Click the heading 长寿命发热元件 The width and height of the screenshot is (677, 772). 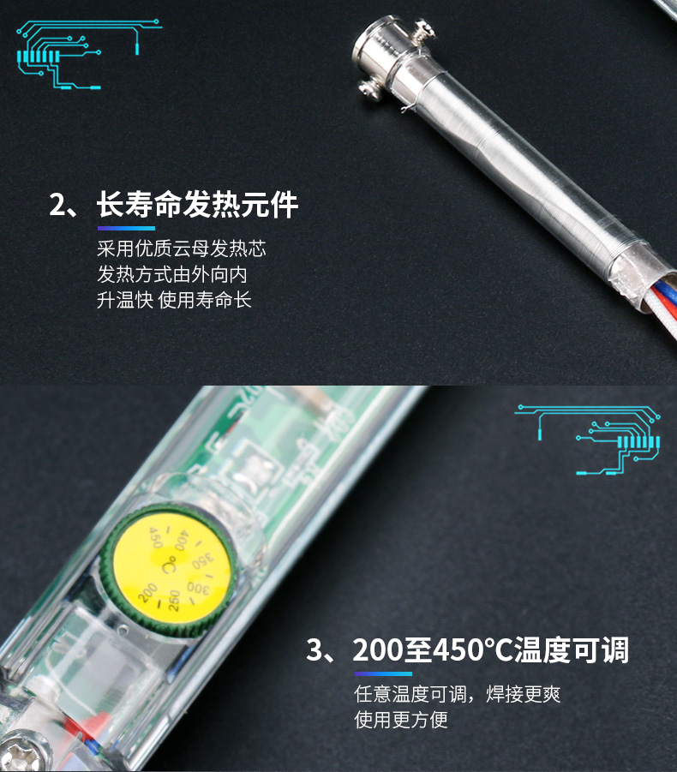(x=197, y=204)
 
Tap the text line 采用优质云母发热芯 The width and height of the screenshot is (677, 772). (x=181, y=248)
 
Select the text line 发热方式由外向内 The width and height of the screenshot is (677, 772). (x=172, y=274)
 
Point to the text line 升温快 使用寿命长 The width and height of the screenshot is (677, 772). (x=174, y=300)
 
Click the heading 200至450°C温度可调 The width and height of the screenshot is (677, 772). (x=491, y=649)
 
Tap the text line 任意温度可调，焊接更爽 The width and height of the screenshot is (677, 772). (x=458, y=694)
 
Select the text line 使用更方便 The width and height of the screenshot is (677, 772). (x=401, y=720)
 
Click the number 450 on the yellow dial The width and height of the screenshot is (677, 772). (x=155, y=537)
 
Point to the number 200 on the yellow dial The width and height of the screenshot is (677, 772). (x=147, y=593)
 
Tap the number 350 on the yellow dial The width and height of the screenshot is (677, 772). (x=203, y=560)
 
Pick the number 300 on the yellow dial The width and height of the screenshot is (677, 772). (x=198, y=588)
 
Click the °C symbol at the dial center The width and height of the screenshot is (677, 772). (x=169, y=566)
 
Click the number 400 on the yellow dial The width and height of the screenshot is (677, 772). (x=181, y=540)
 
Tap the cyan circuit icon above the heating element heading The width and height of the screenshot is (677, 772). (x=89, y=54)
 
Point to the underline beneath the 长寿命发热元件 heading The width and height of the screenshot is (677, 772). (x=126, y=228)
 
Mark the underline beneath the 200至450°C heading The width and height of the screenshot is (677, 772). (x=383, y=673)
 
